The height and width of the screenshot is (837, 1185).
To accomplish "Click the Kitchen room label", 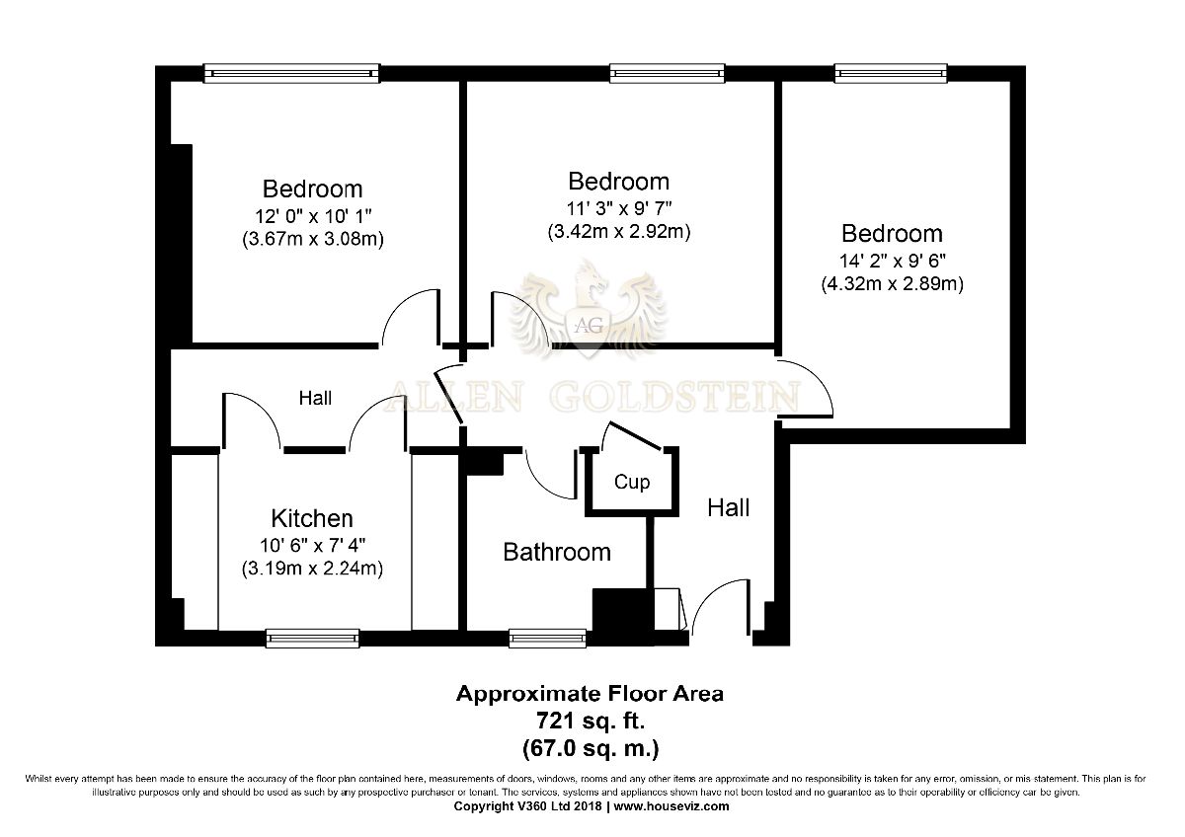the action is (312, 519).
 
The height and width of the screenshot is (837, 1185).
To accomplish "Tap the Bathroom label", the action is (557, 553).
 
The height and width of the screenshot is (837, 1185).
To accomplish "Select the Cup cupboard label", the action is (632, 482).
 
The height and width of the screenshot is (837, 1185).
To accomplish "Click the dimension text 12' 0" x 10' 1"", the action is (313, 216).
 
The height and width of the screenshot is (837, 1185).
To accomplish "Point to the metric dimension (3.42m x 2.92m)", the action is (619, 232).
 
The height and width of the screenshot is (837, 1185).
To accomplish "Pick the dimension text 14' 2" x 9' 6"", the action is (893, 261).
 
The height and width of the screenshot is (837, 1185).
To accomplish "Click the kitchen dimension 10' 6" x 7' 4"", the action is (312, 545).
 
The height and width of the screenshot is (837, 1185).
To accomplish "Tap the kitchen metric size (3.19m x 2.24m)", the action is (312, 569).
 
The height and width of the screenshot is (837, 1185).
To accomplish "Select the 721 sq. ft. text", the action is (591, 721).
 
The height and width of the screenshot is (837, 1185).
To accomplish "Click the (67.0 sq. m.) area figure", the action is (591, 749).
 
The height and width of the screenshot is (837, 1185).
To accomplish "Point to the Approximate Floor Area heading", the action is (590, 694).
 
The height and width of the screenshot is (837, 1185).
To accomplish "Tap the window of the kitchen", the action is (313, 639).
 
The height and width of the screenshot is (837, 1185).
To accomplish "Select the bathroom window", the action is (547, 639).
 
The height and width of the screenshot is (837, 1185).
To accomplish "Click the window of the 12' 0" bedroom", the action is (292, 73).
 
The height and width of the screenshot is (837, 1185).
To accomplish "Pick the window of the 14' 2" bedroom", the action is (891, 73).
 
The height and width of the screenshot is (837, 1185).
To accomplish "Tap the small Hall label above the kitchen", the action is (315, 398).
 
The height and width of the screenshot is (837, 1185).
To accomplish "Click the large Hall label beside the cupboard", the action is (729, 508).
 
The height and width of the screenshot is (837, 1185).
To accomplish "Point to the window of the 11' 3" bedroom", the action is (668, 73).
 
